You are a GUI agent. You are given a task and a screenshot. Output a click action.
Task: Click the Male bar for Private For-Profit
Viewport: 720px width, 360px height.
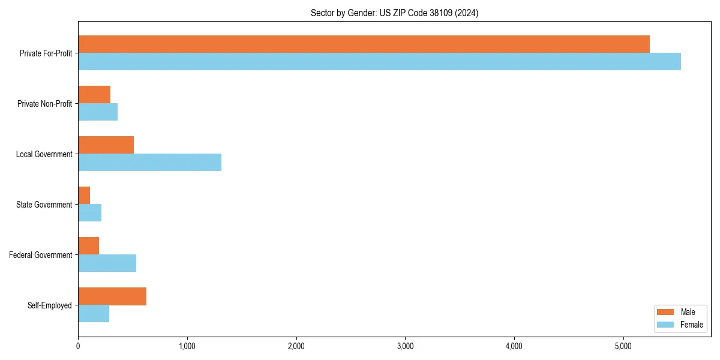tap(364, 44)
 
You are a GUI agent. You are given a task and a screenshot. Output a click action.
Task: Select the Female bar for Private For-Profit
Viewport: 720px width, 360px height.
tap(379, 61)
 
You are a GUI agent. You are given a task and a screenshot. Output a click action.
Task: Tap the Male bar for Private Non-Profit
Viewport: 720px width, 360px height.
tap(94, 94)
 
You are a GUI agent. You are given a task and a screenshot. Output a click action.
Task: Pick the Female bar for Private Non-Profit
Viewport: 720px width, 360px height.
tap(98, 112)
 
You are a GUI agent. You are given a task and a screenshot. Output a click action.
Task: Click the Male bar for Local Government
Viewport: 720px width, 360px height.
tap(106, 145)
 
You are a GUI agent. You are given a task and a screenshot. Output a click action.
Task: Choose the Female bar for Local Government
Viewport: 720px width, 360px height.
tap(149, 162)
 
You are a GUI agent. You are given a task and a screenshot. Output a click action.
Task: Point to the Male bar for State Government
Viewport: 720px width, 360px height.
tap(84, 195)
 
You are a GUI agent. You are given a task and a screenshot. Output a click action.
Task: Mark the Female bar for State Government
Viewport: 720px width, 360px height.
tap(89, 212)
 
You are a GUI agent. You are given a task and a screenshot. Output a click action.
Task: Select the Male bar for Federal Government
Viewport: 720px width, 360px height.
tap(88, 245)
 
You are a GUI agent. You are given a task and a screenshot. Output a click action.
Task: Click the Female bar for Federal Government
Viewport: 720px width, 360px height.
tap(107, 263)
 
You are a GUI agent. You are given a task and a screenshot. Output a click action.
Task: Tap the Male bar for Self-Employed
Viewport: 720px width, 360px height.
tap(112, 296)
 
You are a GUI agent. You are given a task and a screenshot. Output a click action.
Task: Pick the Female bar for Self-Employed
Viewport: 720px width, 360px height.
tap(94, 313)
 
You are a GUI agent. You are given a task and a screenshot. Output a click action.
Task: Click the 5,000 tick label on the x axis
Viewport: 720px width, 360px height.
tap(623, 346)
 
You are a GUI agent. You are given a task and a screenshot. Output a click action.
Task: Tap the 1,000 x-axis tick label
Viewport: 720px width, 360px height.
tap(187, 346)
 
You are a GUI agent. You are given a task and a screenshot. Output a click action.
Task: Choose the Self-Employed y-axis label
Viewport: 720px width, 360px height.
tap(50, 305)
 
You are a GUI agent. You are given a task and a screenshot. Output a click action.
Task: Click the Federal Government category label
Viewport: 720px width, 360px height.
tap(41, 255)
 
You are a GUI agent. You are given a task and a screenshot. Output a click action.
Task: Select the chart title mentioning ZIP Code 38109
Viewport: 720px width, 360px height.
tap(394, 13)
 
